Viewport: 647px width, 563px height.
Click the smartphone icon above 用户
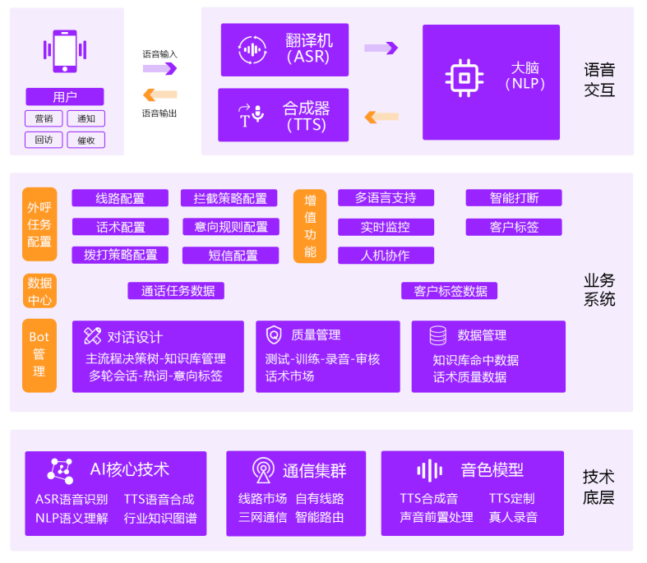tap(65, 52)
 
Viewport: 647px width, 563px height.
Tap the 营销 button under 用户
tap(44, 118)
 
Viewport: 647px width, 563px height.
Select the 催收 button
tap(86, 140)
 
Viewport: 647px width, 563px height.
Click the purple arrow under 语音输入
tap(159, 68)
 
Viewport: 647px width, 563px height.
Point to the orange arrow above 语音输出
tap(159, 95)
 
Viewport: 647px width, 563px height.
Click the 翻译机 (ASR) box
tap(284, 49)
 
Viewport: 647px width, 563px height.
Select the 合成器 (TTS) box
tap(284, 115)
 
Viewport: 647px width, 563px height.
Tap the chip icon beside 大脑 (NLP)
tap(464, 77)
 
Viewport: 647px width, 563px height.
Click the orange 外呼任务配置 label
tap(39, 224)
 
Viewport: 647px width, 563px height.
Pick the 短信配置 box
tap(233, 256)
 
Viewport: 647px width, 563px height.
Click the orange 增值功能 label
tap(310, 226)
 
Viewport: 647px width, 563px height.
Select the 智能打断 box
tap(514, 198)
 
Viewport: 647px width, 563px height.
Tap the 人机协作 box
tap(386, 256)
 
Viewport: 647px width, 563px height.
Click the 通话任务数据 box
tap(177, 290)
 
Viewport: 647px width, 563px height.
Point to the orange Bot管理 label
tap(39, 355)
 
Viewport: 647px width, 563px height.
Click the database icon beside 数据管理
tap(438, 335)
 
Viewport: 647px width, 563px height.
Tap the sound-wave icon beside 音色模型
tap(429, 470)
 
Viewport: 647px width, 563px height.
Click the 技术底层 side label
tap(598, 487)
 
